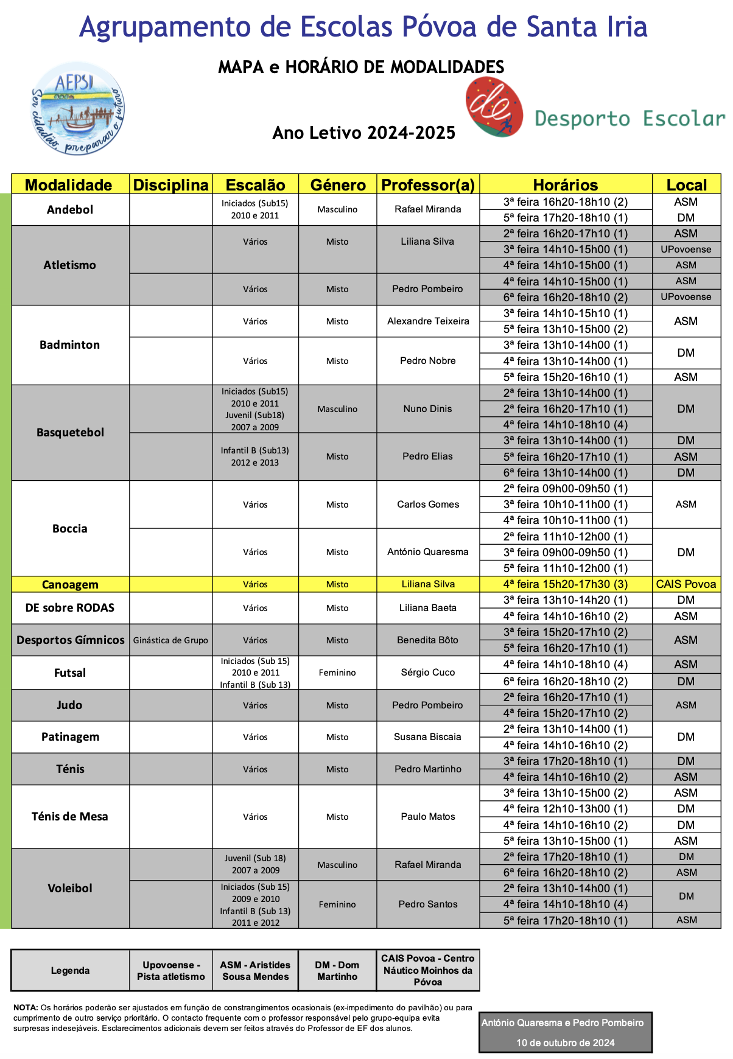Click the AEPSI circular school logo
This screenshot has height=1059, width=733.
pos(77,108)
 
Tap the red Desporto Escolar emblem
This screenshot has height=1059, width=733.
pos(494,107)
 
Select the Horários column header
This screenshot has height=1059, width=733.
pos(566,185)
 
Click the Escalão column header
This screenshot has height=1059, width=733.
pos(255,185)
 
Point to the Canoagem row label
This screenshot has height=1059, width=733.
pos(70,584)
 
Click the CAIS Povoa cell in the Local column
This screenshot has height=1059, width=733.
pos(686,584)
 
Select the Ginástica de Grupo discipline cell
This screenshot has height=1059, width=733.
pos(170,640)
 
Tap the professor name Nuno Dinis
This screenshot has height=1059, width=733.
pos(428,409)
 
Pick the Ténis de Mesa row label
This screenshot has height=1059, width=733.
pos(70,817)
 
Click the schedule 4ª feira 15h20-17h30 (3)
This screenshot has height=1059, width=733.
pos(566,584)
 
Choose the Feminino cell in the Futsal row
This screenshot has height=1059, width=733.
pos(337,673)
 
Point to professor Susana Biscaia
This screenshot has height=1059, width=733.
pos(428,737)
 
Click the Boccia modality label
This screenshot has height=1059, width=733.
pos(70,528)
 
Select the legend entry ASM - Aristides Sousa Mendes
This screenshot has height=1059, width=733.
pos(255,971)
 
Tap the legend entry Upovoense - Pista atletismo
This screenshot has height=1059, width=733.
pos(170,971)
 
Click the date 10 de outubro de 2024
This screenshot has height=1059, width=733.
pos(566,1043)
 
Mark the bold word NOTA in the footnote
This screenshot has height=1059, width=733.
pos(26,1007)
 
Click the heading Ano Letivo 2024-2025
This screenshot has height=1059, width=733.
pos(364,133)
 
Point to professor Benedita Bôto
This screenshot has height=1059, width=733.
pos(428,640)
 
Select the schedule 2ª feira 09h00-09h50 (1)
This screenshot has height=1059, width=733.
pos(566,489)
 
